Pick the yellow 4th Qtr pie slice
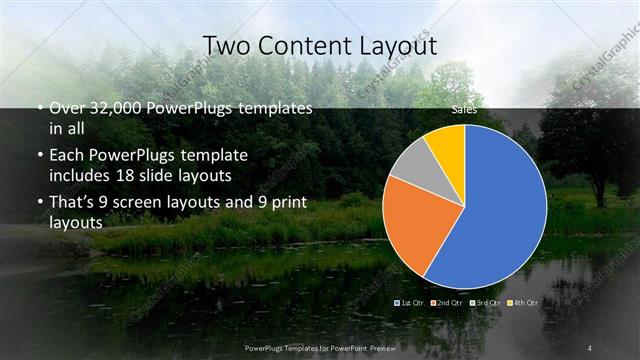[x=446, y=145]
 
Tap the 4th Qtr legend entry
[x=523, y=301]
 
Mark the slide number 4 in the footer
[x=590, y=347]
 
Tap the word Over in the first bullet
[x=68, y=108]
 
